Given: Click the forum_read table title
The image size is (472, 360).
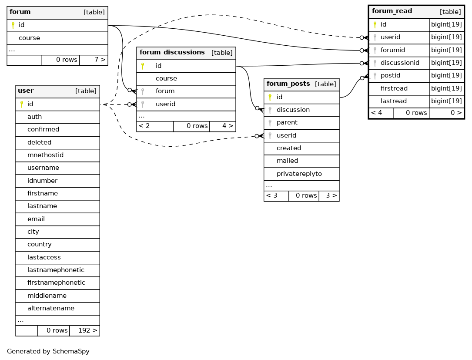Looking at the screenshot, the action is click(392, 11).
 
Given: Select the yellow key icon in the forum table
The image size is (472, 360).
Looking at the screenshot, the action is click(13, 25).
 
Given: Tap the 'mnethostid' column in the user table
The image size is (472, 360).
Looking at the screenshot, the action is click(45, 155).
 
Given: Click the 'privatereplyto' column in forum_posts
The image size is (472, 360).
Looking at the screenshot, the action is click(299, 174).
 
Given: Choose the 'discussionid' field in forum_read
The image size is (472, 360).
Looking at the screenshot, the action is click(400, 63).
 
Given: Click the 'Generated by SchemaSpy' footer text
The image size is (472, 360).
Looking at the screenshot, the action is click(48, 351).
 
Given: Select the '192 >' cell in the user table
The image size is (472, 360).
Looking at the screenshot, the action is click(87, 330).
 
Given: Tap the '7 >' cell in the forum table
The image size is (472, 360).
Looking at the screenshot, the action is click(100, 60).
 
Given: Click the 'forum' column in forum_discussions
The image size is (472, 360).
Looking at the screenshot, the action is click(165, 91).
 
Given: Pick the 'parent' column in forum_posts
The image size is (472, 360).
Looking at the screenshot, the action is click(287, 122).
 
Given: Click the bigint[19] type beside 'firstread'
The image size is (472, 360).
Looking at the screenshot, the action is click(446, 88).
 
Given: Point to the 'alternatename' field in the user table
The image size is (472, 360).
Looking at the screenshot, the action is click(51, 308).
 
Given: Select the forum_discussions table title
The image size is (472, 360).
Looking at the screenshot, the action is click(172, 52).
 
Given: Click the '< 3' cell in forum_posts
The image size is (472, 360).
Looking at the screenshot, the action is click(271, 195).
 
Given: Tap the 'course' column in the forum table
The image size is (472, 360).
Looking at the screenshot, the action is click(29, 38).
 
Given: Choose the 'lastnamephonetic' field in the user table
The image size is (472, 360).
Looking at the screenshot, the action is click(56, 270).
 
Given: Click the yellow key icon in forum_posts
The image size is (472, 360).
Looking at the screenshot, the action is click(270, 98).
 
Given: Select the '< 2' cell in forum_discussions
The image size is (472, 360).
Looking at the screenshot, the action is click(144, 126).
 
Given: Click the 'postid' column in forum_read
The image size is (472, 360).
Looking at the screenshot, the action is click(390, 75).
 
